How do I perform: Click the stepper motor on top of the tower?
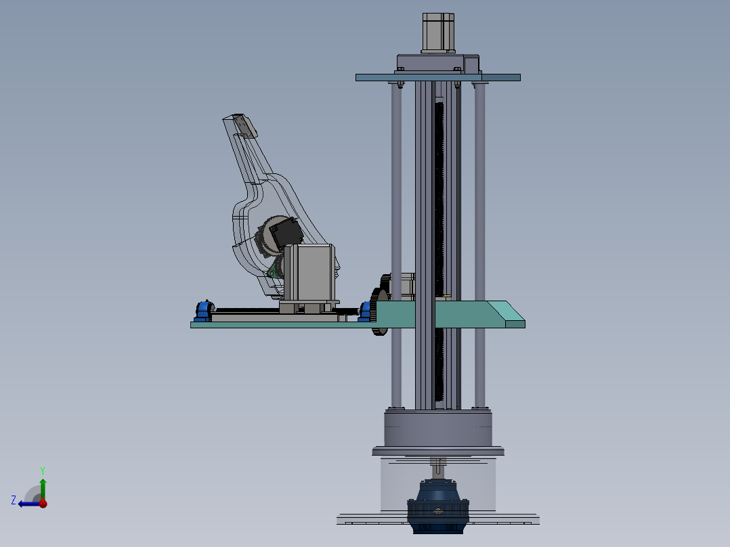coord(437,32)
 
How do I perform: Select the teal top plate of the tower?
coord(437,78)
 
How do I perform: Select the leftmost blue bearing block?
coord(204,311)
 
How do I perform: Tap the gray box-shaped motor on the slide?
coord(309,272)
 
